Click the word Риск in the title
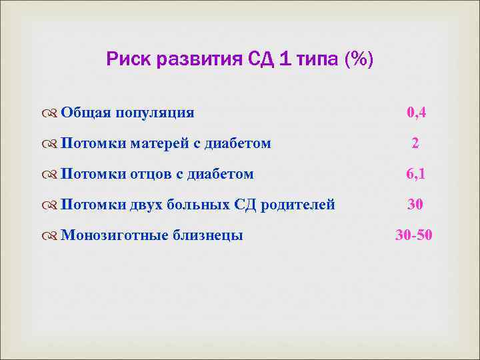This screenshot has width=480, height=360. click(129, 61)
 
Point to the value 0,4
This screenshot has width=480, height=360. click(416, 113)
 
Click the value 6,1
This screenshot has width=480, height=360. click(416, 174)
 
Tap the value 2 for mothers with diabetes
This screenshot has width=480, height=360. click(415, 143)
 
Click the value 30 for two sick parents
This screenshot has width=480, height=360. click(415, 205)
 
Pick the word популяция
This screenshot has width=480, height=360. click(155, 113)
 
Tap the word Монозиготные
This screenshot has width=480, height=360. click(114, 235)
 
